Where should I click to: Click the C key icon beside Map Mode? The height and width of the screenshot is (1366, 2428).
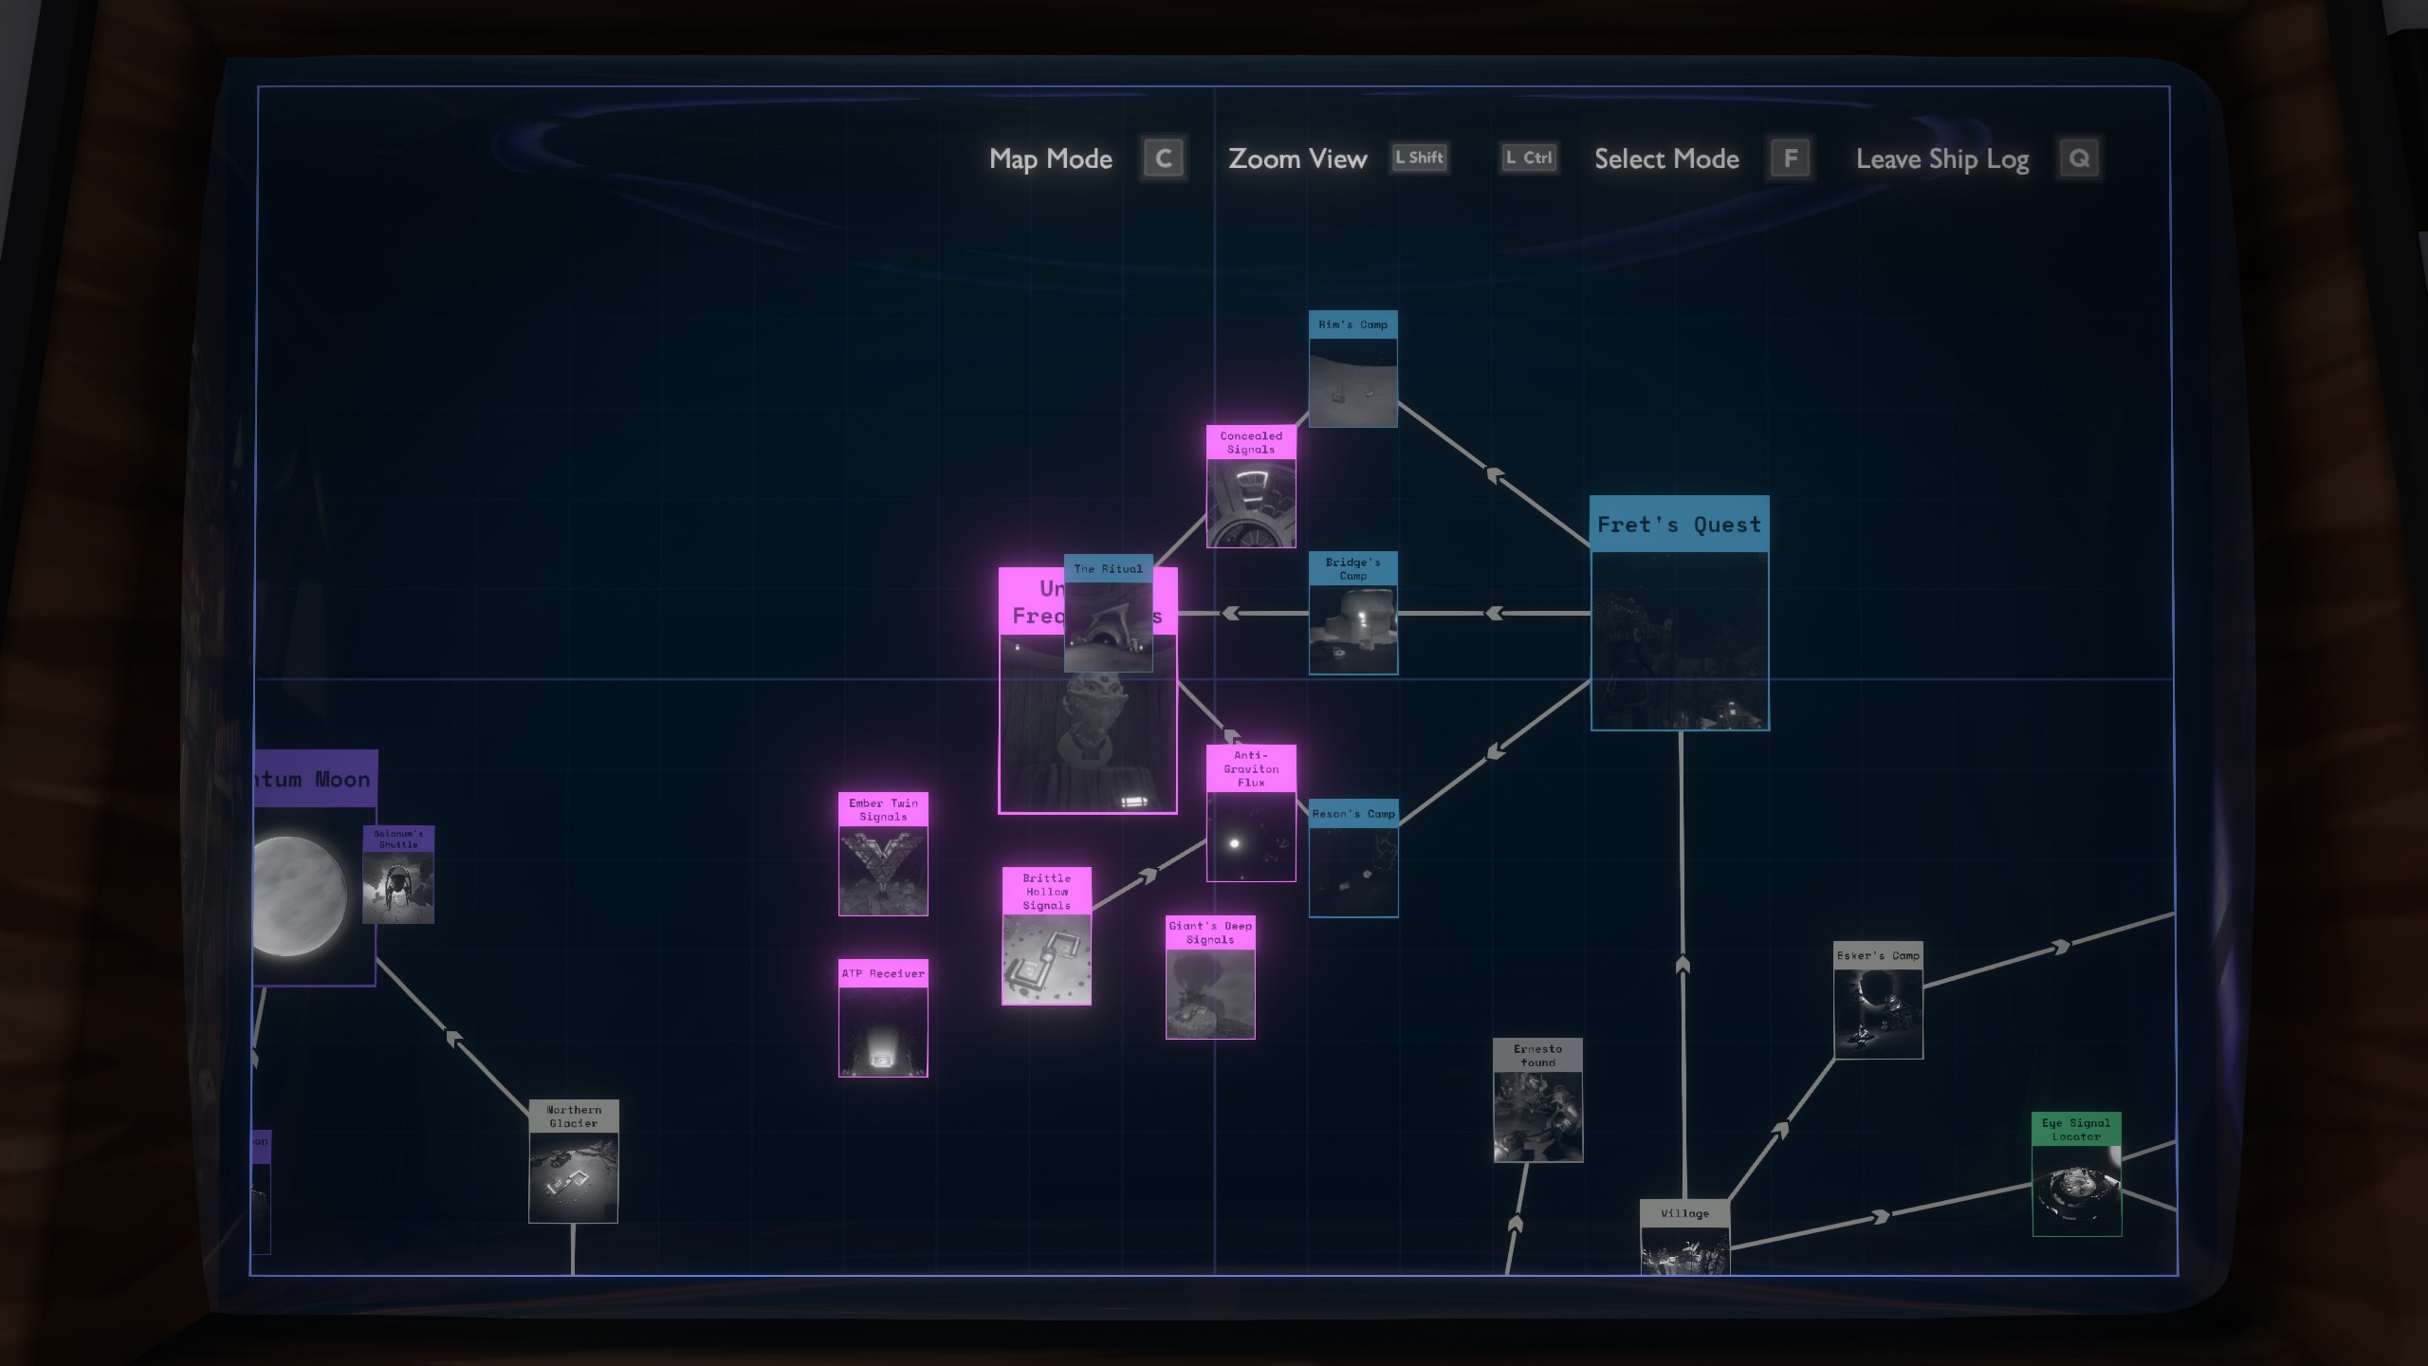point(1164,158)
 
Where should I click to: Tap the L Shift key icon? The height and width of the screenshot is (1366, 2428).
point(1419,158)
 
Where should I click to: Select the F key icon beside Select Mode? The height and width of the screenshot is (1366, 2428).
point(1790,158)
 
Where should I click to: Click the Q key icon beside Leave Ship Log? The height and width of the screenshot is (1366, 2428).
point(2079,158)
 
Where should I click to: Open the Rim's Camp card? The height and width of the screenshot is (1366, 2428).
point(1352,369)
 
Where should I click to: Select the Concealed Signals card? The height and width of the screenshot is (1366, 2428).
point(1251,487)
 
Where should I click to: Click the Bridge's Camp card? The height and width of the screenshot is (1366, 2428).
point(1352,613)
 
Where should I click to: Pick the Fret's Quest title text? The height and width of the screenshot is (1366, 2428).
point(1679,525)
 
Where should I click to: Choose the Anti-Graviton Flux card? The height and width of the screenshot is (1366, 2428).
point(1251,813)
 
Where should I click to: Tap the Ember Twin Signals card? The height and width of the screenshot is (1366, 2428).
point(883,854)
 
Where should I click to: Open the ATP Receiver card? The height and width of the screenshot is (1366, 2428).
point(883,1018)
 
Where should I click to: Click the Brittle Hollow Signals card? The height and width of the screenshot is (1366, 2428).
point(1047,935)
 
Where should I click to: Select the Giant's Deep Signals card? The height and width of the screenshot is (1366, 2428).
point(1210,977)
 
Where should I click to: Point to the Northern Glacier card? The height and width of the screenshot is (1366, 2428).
point(574,1161)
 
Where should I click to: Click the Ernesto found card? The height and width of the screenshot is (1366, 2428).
point(1537,1100)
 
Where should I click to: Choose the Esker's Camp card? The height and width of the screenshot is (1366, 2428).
point(1878,1001)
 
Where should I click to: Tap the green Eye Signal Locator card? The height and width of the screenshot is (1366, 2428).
point(2076,1174)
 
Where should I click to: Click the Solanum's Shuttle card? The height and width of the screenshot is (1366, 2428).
point(398,874)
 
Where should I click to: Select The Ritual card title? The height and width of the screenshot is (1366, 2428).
point(1108,569)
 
